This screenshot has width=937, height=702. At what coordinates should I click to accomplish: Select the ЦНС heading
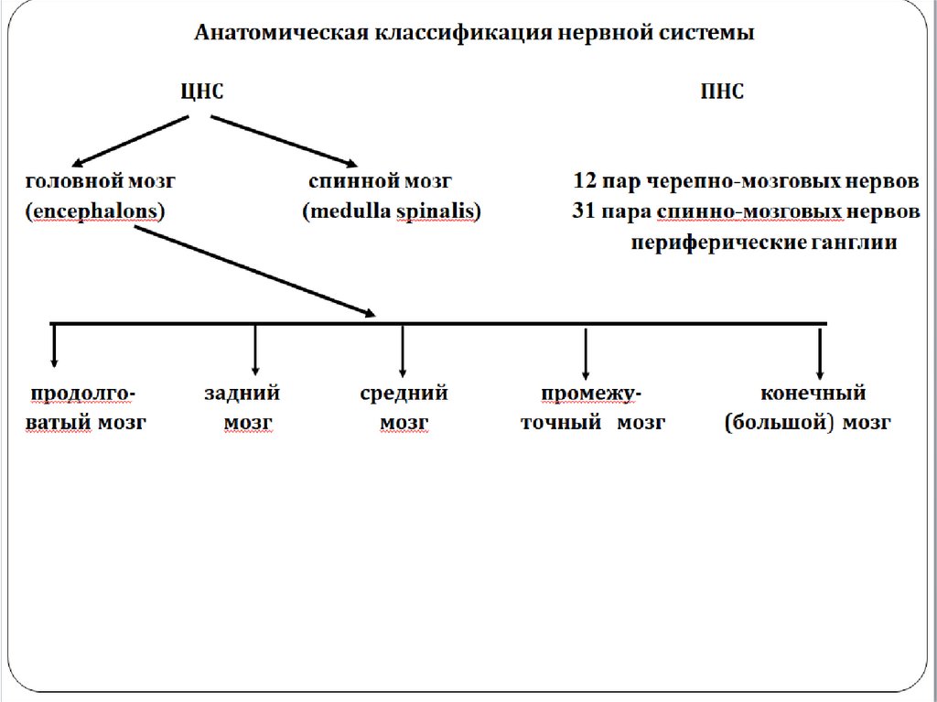(200, 92)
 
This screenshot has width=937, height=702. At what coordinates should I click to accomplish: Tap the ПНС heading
(721, 92)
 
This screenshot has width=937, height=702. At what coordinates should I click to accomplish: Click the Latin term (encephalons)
(95, 211)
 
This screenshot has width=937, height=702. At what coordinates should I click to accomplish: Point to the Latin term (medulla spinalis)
(392, 211)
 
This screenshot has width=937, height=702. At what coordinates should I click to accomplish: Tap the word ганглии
(854, 243)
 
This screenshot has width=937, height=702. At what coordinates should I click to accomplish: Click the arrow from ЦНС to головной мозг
(130, 138)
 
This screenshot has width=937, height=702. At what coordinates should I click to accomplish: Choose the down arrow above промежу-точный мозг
(586, 352)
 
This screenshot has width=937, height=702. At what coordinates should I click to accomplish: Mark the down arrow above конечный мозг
(820, 352)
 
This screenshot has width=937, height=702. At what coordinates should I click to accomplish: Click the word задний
(242, 394)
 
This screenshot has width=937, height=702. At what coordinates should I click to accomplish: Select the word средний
(404, 394)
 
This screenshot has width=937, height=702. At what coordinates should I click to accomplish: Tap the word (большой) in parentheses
(778, 424)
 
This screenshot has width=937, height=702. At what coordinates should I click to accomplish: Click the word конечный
(813, 394)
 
